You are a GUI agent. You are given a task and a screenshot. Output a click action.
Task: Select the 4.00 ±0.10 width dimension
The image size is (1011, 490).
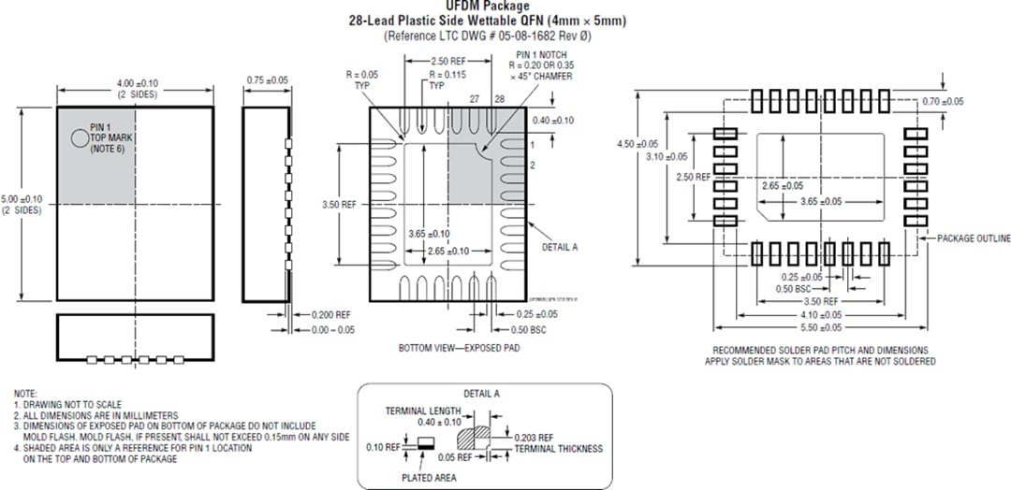pos(136,85)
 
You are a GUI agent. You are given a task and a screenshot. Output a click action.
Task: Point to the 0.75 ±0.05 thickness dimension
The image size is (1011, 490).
pos(267,81)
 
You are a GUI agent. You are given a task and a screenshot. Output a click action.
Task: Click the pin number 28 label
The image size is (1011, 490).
pos(499,98)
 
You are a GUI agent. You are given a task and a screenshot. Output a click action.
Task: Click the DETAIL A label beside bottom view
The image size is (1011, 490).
pos(560,247)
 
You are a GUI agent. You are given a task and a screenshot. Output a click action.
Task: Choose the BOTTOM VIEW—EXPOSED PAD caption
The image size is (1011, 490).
pos(459,348)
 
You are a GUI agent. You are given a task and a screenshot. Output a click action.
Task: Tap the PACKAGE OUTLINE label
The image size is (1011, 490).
pos(973,238)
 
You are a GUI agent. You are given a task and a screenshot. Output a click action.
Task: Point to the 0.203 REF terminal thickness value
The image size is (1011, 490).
pos(535,437)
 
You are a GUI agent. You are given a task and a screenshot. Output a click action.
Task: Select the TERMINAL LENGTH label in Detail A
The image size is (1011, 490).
pos(423,411)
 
